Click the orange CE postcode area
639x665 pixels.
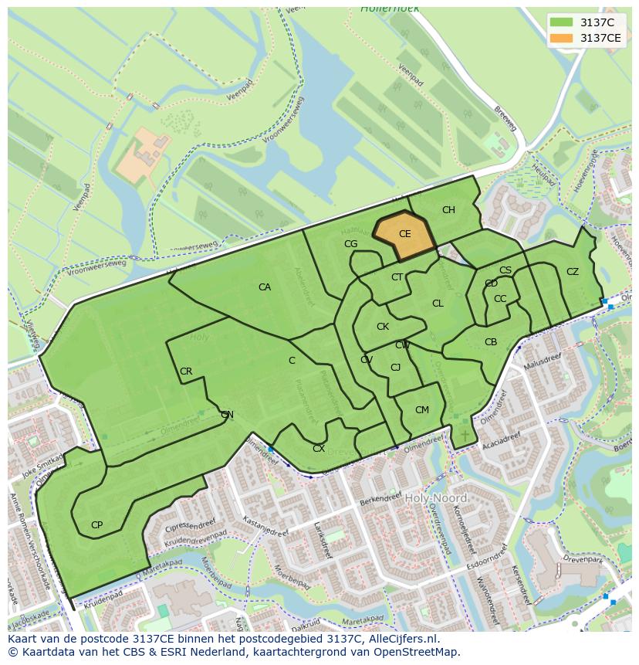click(404, 236)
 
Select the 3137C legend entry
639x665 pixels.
click(597, 22)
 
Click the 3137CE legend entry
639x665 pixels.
click(600, 38)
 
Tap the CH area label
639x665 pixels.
click(448, 210)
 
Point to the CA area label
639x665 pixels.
click(265, 287)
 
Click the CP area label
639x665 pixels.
click(96, 525)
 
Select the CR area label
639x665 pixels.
click(186, 372)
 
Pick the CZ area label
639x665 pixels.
click(573, 272)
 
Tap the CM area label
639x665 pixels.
click(421, 410)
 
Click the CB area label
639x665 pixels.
click(491, 342)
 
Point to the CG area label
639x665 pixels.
click(351, 244)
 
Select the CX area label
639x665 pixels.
click(319, 449)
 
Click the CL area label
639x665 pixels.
click(438, 304)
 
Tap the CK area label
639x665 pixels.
click(383, 327)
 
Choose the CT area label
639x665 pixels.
click(397, 277)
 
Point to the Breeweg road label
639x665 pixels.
click(505, 117)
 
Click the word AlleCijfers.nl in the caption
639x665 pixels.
click(402, 639)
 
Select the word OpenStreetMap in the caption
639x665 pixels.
click(417, 652)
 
